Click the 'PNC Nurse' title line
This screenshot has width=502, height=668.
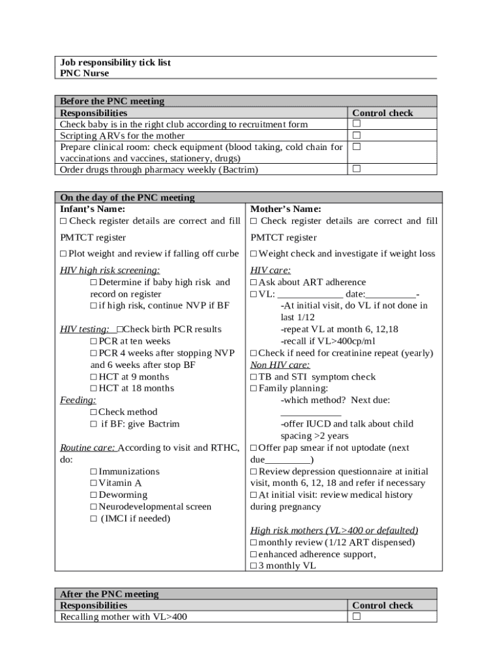tap(84, 74)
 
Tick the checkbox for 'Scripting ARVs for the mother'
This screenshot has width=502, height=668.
tap(357, 136)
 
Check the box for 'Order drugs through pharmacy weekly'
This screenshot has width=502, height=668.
tap(357, 170)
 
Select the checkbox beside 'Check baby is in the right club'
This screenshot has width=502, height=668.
tap(357, 124)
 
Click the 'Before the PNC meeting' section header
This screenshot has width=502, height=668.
tap(112, 101)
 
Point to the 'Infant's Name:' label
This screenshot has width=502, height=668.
tap(93, 209)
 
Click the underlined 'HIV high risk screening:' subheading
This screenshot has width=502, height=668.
tap(110, 270)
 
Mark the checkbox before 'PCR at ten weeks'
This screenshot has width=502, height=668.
tap(94, 341)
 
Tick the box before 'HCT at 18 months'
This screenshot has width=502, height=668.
tap(94, 388)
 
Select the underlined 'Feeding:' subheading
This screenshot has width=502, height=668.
tap(78, 400)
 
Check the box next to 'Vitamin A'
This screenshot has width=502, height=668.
tap(94, 483)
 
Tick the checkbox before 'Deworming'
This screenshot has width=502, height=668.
tap(94, 495)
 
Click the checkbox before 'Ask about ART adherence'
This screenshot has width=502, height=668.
tap(254, 282)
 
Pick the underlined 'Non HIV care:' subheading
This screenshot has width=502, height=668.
tap(280, 365)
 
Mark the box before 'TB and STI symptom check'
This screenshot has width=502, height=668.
tap(254, 377)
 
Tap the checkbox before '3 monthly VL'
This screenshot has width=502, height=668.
tap(254, 566)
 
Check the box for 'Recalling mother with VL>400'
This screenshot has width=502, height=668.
tap(357, 616)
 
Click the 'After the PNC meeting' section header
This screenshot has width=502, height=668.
tap(109, 594)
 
